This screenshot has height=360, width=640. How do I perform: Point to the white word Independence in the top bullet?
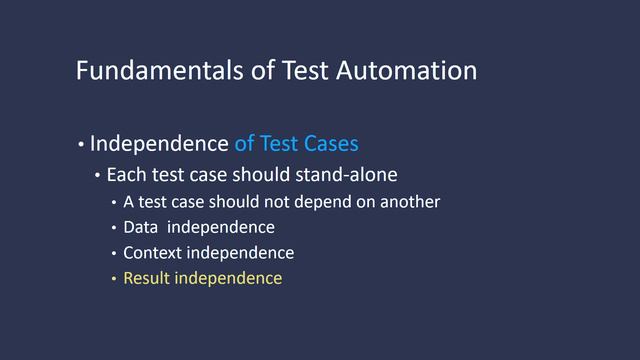click(159, 143)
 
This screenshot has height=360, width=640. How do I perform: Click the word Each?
click(125, 175)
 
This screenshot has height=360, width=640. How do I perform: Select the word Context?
click(153, 253)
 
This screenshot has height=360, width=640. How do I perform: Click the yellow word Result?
click(146, 278)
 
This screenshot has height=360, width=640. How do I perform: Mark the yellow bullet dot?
click(114, 279)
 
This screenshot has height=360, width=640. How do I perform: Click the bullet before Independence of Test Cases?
click(81, 144)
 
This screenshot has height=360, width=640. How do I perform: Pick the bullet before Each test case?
click(98, 176)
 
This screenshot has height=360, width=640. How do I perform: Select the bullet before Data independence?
click(114, 229)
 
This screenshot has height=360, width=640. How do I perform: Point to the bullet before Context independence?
click(114, 254)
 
